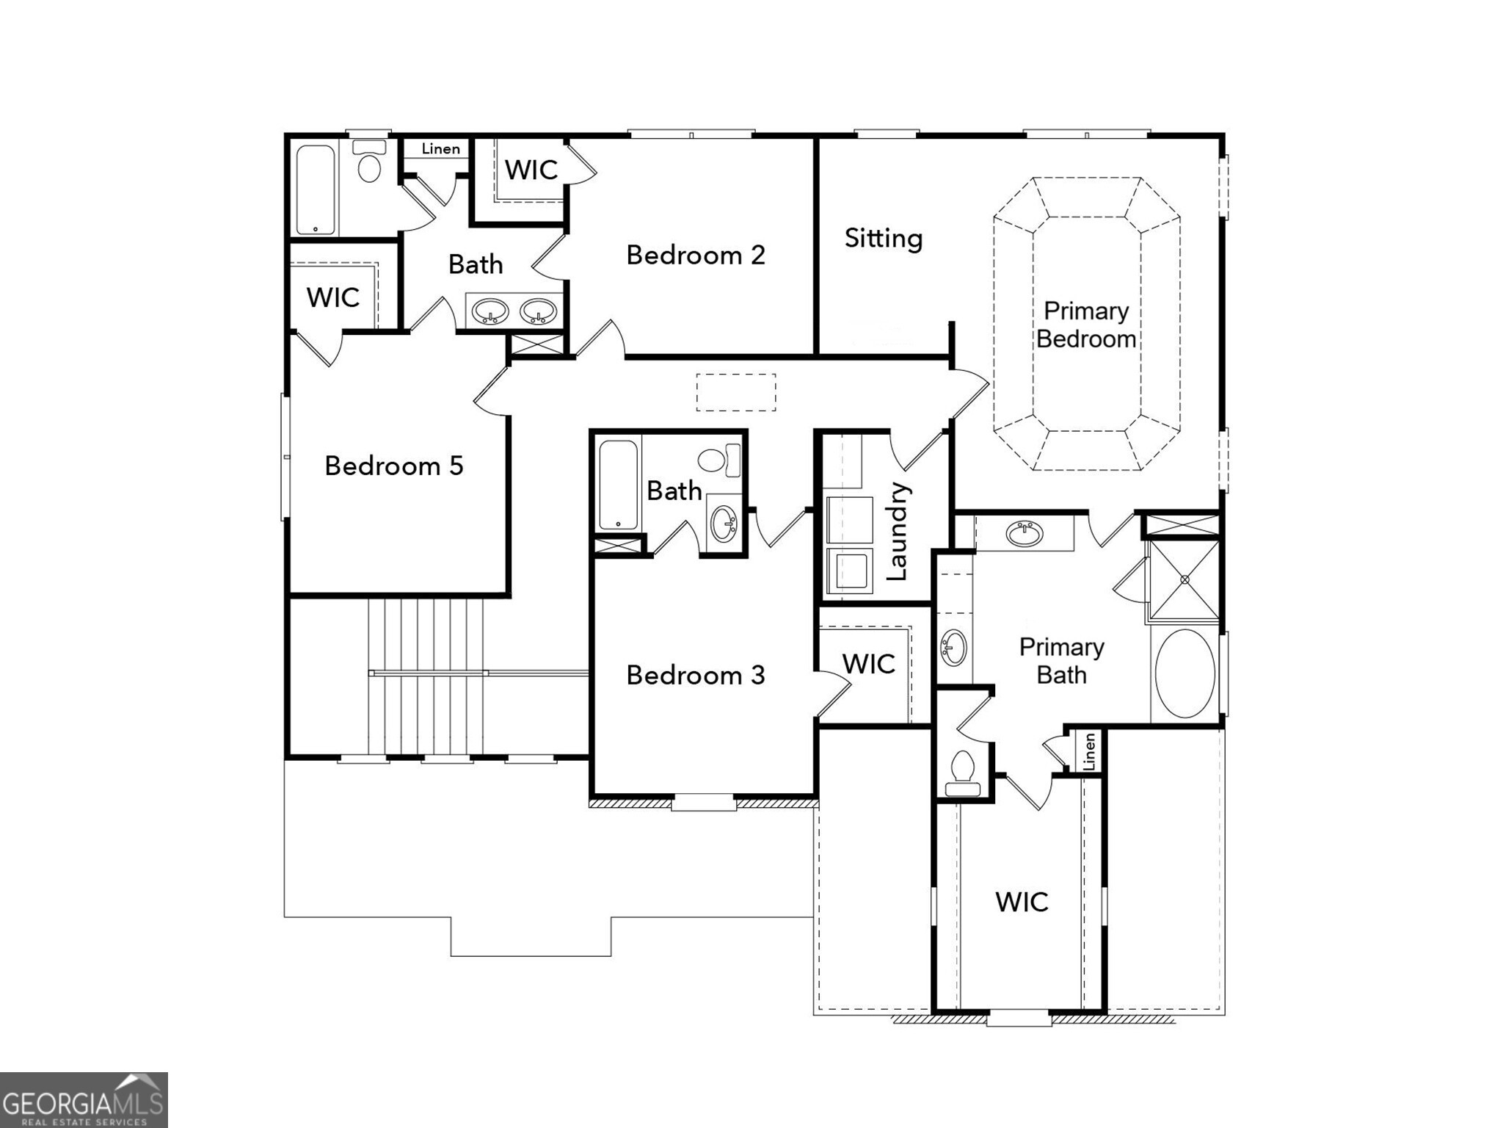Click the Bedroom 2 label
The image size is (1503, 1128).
click(695, 255)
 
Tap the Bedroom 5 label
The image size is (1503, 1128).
click(394, 466)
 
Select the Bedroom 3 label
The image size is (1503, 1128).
click(695, 675)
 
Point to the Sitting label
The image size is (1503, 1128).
click(883, 238)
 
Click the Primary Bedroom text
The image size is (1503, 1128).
click(1085, 325)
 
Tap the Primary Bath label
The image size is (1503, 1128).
click(1061, 661)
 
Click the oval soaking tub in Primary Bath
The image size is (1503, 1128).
click(1184, 673)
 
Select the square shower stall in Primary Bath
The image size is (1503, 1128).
click(1184, 580)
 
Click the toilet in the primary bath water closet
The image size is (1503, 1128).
click(962, 773)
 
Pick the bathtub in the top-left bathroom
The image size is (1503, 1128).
click(316, 189)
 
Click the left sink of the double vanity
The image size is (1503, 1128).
click(490, 311)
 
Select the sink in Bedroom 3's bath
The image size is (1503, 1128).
click(724, 523)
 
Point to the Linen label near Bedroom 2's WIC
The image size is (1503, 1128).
click(440, 149)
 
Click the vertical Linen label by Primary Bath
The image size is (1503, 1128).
click(1089, 751)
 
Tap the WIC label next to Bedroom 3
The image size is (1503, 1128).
click(868, 664)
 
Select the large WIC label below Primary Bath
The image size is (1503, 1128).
click(1021, 902)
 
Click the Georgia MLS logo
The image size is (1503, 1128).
click(84, 1100)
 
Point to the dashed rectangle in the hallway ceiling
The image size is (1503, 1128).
click(735, 392)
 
